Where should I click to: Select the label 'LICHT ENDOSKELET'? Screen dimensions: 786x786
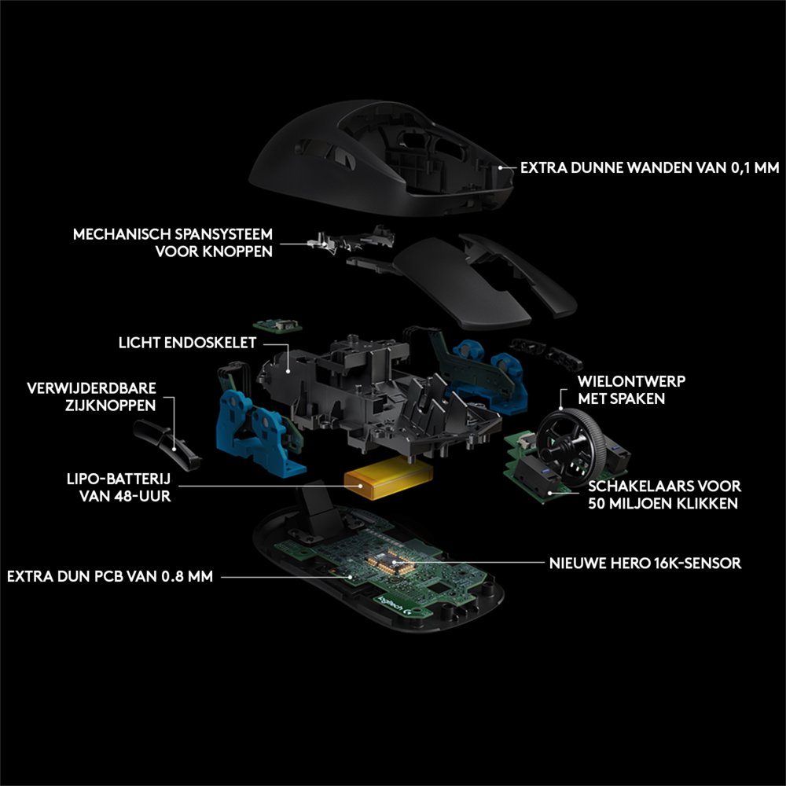tap(188, 343)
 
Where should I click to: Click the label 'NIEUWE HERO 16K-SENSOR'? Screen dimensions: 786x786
tap(645, 563)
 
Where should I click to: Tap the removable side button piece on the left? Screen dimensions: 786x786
tap(167, 445)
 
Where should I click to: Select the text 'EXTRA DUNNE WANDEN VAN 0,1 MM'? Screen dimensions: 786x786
tap(650, 167)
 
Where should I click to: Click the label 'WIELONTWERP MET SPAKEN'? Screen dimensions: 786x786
tap(631, 390)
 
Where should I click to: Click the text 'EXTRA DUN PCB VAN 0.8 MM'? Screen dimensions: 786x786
tap(110, 576)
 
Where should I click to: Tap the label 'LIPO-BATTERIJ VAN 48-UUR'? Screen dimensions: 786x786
tap(119, 487)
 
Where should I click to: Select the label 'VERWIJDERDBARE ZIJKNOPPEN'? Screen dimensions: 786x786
tap(91, 396)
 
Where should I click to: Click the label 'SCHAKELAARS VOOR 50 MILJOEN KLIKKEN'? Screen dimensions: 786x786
tap(664, 494)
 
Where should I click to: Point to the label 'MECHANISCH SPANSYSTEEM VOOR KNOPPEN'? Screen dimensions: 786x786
tap(173, 243)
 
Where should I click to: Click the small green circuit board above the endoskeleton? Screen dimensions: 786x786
tap(277, 325)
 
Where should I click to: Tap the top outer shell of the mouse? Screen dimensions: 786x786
tap(381, 157)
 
